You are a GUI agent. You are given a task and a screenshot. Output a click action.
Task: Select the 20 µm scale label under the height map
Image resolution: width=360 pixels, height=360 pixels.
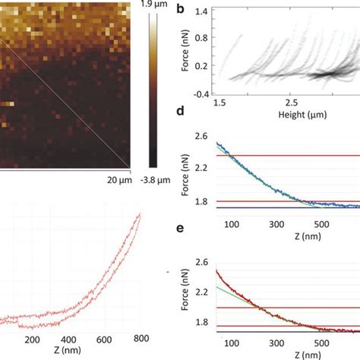pos(118,180)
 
